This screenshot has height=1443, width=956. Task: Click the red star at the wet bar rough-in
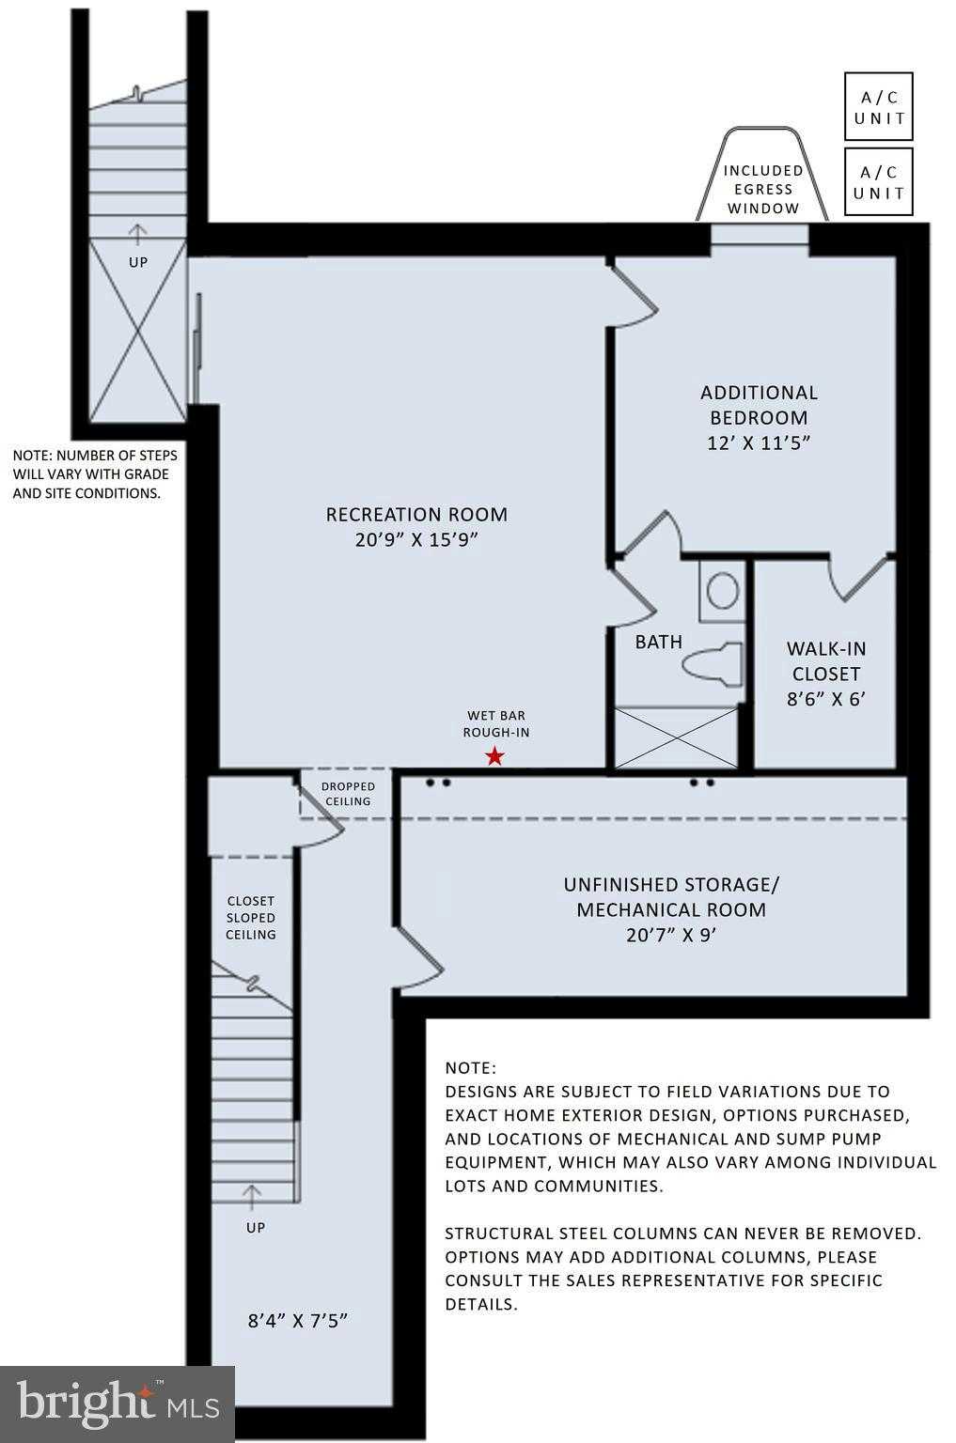pos(494,756)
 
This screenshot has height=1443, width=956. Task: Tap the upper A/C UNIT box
pos(878,107)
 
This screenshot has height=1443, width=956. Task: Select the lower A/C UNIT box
pos(878,182)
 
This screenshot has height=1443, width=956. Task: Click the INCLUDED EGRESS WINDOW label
pos(762,189)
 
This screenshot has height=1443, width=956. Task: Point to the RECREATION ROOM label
pos(416,526)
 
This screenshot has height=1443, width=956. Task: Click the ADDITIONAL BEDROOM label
pos(759,417)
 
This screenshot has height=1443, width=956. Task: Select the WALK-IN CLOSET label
pos(825,673)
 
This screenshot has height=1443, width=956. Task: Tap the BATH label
pos(658,643)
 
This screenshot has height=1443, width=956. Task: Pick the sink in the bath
pos(722,592)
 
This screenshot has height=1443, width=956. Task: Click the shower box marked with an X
pos(675,738)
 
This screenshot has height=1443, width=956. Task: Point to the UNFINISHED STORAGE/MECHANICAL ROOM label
pos(671,908)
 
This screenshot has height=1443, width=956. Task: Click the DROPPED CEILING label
pos(348,794)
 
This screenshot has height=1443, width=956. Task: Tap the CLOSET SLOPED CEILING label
pos(251,917)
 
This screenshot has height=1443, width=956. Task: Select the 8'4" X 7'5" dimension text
pos(298,1320)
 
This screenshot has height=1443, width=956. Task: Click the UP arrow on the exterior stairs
pos(138,233)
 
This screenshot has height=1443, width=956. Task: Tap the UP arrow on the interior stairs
pos(252,1196)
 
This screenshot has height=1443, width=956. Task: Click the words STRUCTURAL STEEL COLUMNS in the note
pos(572,1234)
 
